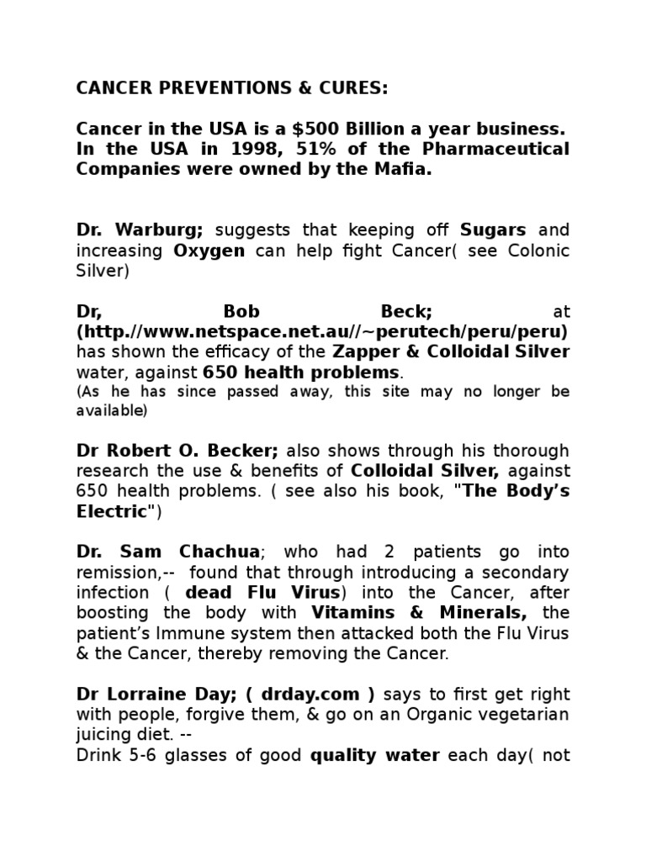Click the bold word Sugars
click(493, 230)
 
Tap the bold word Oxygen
click(209, 251)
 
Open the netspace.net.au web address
click(322, 331)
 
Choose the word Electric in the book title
click(111, 511)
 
